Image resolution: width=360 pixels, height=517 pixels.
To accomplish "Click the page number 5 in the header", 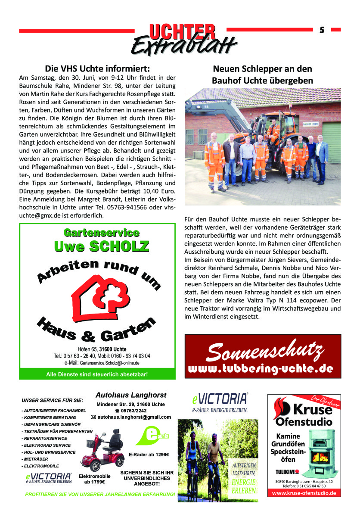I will [x=322, y=30].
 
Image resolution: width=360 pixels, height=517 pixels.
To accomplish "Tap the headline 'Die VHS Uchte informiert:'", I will [x=98, y=69].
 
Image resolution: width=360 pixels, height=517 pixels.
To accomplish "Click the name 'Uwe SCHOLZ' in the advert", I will [x=102, y=246].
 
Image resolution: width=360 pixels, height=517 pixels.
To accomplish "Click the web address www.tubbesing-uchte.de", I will [x=261, y=369].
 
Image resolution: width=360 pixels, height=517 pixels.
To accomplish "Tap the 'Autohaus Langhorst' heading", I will [x=130, y=395].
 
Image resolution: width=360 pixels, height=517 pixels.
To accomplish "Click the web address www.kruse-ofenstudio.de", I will [x=304, y=493].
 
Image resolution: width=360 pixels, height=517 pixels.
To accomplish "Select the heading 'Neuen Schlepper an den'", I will [x=262, y=69].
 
